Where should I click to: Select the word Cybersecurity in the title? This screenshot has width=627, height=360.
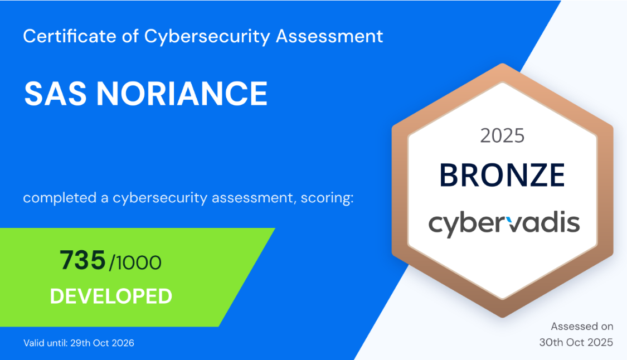click(207, 37)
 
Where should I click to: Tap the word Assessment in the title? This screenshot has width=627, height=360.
click(329, 36)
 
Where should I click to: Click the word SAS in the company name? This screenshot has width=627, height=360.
click(55, 94)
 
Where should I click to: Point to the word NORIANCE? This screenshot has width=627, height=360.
click(182, 94)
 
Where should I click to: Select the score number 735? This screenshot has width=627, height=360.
click(82, 260)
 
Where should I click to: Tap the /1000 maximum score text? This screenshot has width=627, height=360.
click(135, 262)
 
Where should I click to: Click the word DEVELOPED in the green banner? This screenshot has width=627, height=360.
click(111, 296)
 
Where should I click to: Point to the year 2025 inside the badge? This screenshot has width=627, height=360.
click(502, 136)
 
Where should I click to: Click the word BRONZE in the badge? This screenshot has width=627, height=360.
click(502, 175)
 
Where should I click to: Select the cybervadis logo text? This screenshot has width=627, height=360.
click(504, 225)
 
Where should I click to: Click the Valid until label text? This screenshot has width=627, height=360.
click(46, 343)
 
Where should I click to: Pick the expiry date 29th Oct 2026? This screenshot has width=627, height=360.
click(103, 343)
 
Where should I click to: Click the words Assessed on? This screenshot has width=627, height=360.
click(582, 327)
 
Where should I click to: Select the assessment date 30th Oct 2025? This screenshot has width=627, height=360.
click(576, 342)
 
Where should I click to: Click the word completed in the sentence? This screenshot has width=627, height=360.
click(60, 198)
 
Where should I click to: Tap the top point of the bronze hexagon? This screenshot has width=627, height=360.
click(502, 64)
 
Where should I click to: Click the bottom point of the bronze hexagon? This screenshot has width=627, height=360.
click(502, 316)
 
